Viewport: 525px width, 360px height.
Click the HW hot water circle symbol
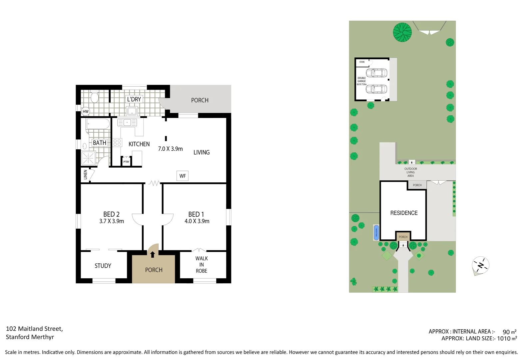pos(86,111)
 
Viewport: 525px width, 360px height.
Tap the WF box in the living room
pos(183,176)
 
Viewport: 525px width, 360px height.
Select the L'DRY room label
pos(134,99)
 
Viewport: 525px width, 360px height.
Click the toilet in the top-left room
pos(95,97)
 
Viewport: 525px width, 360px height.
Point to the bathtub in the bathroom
pos(98,124)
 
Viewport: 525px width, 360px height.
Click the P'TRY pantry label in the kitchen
pos(126,162)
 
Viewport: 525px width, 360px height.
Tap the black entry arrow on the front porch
pos(153,255)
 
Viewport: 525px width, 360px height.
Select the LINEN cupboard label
pos(86,174)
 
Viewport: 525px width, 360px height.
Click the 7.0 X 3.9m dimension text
pos(170,149)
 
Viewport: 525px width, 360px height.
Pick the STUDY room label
pos(103,266)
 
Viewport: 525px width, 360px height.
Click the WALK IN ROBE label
pos(202,265)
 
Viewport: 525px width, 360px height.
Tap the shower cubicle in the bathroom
pos(89,158)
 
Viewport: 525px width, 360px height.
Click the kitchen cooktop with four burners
pos(117,143)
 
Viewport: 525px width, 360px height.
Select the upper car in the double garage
pos(376,73)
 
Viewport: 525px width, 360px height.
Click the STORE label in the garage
pos(362,62)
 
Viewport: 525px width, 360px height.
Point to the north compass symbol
pos(480,266)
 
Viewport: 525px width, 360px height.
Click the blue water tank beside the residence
pos(376,232)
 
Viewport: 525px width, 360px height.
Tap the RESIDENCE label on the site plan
pos(404,213)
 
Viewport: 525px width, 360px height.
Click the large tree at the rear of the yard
pos(402,32)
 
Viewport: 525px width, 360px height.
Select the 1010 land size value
pos(504,339)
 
